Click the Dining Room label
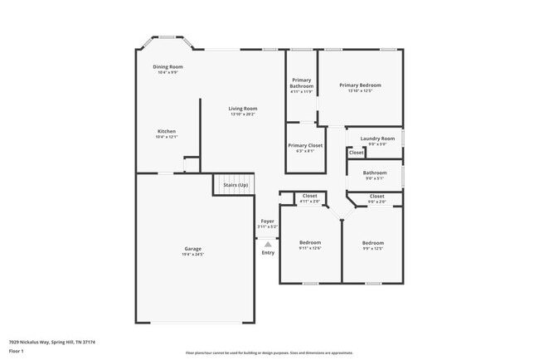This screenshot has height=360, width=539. (168, 66)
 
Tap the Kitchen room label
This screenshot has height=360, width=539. (167, 131)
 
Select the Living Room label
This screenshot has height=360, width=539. (244, 109)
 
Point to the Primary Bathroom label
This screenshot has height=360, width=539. (302, 83)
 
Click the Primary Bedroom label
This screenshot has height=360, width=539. (360, 85)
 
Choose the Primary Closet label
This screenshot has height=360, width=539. (305, 145)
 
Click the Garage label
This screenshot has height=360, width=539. (193, 249)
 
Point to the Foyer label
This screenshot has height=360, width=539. (267, 221)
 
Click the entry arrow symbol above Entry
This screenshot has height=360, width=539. (268, 244)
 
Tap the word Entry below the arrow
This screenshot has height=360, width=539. (268, 252)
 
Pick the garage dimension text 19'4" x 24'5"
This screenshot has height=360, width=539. (193, 255)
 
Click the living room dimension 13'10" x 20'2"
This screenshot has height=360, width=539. (244, 114)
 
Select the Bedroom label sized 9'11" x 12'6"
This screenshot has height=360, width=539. (309, 242)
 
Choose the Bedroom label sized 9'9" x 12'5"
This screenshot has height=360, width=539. (372, 242)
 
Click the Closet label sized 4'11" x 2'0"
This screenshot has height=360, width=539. (309, 196)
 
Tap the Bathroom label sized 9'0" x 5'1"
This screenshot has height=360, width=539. (375, 173)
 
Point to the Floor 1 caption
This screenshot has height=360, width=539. (17, 351)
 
